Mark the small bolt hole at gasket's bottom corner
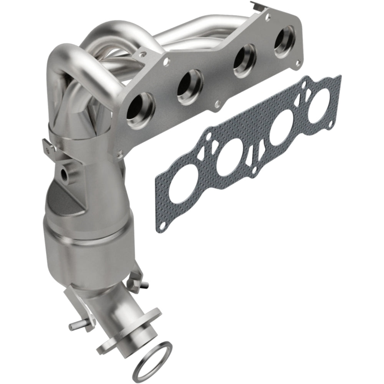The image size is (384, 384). pos(163,225)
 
